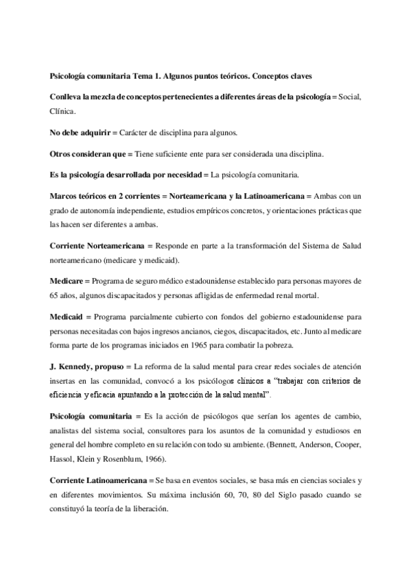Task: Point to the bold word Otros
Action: (62, 153)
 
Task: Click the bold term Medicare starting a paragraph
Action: (67, 282)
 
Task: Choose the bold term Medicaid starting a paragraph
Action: (68, 318)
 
